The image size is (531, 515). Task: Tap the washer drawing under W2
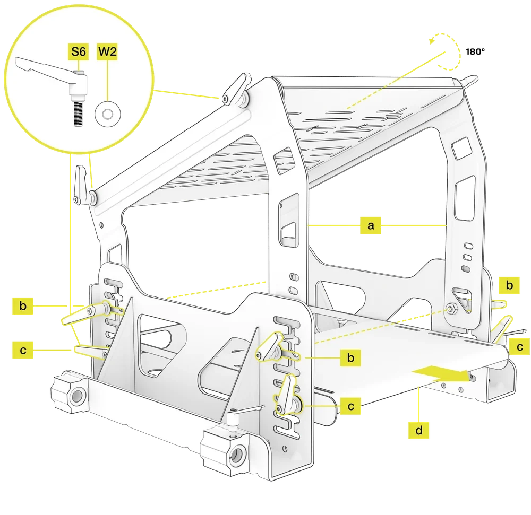click(106, 112)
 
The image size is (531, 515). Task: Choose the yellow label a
click(371, 225)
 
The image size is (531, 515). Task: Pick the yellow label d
click(418, 430)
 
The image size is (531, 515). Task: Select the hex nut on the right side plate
click(452, 308)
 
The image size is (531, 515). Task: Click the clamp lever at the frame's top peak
click(236, 89)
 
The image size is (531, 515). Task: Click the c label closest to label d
click(350, 406)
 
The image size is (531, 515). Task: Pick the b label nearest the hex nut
click(509, 284)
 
